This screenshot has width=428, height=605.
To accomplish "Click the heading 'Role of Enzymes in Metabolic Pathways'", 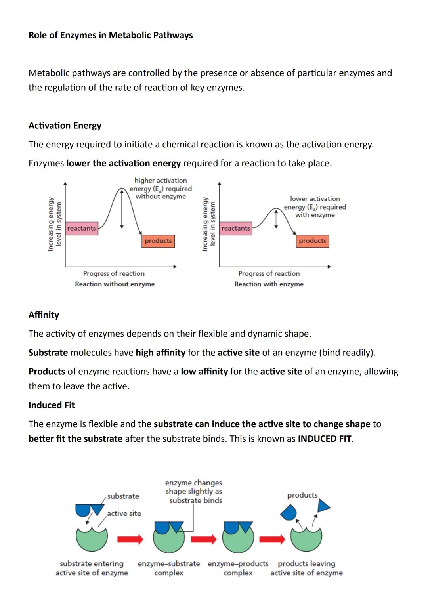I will (x=111, y=35).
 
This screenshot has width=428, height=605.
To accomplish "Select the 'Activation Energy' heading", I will (x=65, y=126).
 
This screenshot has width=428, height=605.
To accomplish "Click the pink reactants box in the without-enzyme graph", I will (x=81, y=228).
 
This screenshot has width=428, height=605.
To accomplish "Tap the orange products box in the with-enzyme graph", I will (x=312, y=241).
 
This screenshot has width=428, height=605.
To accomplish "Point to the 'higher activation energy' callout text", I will (x=160, y=188).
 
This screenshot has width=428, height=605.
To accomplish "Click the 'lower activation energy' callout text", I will (x=315, y=206).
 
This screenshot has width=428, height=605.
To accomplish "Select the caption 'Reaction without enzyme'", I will (x=115, y=284).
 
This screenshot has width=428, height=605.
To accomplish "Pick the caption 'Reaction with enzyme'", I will (x=269, y=284).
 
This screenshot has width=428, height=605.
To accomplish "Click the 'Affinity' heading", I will (x=44, y=315).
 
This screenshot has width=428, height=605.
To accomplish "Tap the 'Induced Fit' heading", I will (x=52, y=405).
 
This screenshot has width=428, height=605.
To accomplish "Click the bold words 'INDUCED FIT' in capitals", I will (x=325, y=439).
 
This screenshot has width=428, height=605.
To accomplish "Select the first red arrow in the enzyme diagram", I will (x=130, y=539).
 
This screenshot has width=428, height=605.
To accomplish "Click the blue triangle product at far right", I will (x=323, y=506).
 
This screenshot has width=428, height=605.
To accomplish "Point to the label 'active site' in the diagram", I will (x=124, y=513).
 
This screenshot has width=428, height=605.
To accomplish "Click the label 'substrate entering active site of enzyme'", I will (x=92, y=568).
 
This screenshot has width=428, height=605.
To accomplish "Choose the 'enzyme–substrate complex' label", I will (x=169, y=568).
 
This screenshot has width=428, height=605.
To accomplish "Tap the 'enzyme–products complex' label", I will (x=238, y=568).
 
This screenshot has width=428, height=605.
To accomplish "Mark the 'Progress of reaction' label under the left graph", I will (x=114, y=273).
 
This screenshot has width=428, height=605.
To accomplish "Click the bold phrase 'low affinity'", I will (x=204, y=372).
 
